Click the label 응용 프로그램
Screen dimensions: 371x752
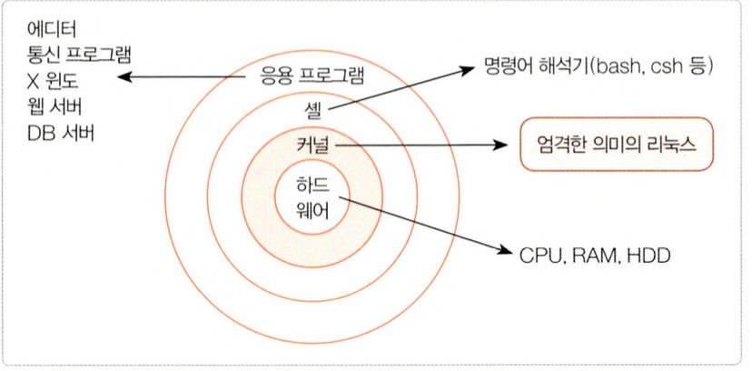303,77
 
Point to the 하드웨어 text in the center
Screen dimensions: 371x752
312,198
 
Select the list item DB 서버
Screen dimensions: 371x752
61,133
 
